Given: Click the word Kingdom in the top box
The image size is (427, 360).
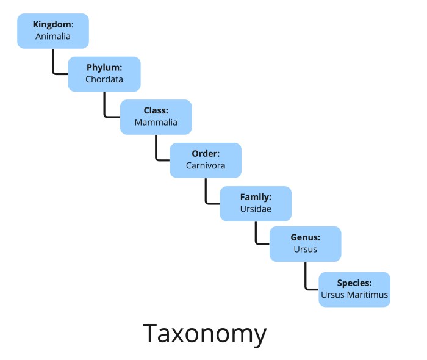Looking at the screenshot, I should pyautogui.click(x=52, y=24).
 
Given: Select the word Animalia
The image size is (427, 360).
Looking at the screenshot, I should pyautogui.click(x=53, y=36).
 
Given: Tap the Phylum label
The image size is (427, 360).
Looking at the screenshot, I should pyautogui.click(x=104, y=68).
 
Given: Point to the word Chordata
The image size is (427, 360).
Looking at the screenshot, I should pyautogui.click(x=104, y=79).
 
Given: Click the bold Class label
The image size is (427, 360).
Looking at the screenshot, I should pyautogui.click(x=156, y=110).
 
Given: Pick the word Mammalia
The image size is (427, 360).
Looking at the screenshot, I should pyautogui.click(x=156, y=122).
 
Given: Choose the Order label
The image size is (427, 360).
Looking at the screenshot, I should pyautogui.click(x=206, y=154).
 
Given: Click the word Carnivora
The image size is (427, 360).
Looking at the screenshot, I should pyautogui.click(x=206, y=165).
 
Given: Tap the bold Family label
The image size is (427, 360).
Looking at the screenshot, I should pyautogui.click(x=256, y=197).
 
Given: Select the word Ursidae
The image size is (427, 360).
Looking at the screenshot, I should pyautogui.click(x=256, y=209).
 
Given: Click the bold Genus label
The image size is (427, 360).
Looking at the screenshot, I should pyautogui.click(x=306, y=237).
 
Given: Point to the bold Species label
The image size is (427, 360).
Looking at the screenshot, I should pyautogui.click(x=354, y=283).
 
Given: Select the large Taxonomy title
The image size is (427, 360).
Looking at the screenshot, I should pyautogui.click(x=205, y=334).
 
